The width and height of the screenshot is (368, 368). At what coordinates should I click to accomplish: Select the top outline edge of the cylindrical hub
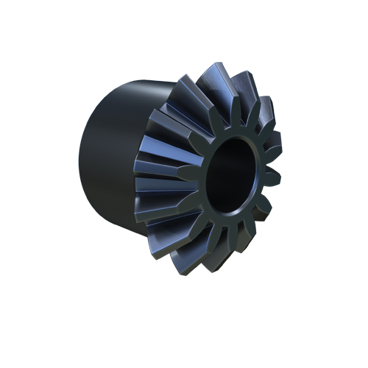pos(132,81)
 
